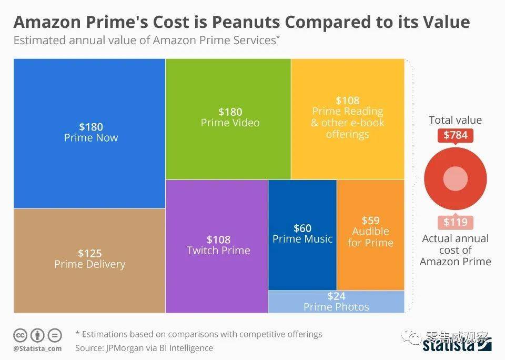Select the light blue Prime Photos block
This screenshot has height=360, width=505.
point(336,302)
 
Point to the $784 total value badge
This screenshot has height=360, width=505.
point(455,135)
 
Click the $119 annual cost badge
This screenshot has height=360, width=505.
point(455,222)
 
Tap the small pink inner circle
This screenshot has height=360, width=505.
point(455,179)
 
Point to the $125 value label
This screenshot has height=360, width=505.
point(90,253)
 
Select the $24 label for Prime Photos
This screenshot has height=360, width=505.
point(336,296)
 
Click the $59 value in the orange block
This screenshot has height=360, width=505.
point(370,221)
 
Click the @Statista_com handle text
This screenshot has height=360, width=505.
point(37,348)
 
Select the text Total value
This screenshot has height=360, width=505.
point(455,120)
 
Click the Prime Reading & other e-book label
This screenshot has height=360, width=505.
point(348,123)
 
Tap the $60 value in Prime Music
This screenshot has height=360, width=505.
point(302,228)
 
